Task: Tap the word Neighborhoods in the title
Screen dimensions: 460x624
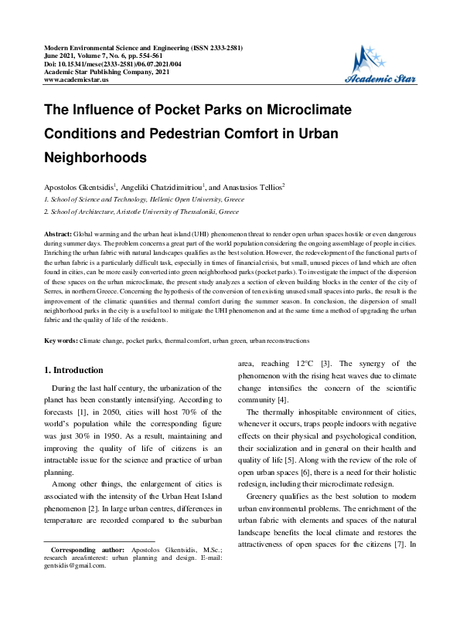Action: tap(96, 157)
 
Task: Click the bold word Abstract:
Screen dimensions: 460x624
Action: tap(59, 232)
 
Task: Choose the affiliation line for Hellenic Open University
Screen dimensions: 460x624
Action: tap(143, 199)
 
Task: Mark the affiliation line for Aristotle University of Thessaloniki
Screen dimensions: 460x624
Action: tap(144, 210)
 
